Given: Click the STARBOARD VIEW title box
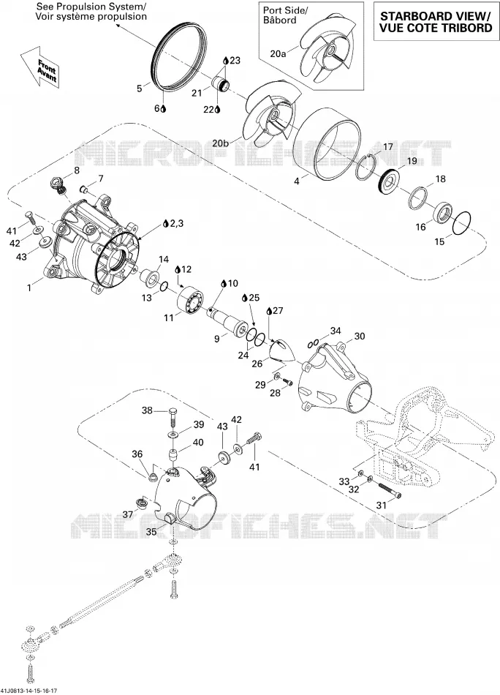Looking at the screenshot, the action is pyautogui.click(x=436, y=22).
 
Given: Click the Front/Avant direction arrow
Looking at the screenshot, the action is pyautogui.click(x=40, y=68).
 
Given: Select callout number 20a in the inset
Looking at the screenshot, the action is pyautogui.click(x=278, y=53).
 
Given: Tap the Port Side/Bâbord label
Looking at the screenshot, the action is pyautogui.click(x=286, y=15).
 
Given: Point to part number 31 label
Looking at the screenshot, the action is pyautogui.click(x=381, y=505).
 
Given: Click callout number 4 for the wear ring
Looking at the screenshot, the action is pyautogui.click(x=297, y=181).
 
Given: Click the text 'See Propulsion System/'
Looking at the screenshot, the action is pyautogui.click(x=91, y=7).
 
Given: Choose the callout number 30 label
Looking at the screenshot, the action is pyautogui.click(x=360, y=337).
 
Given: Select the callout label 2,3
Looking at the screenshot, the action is pyautogui.click(x=176, y=224).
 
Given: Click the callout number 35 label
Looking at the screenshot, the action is pyautogui.click(x=151, y=532).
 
